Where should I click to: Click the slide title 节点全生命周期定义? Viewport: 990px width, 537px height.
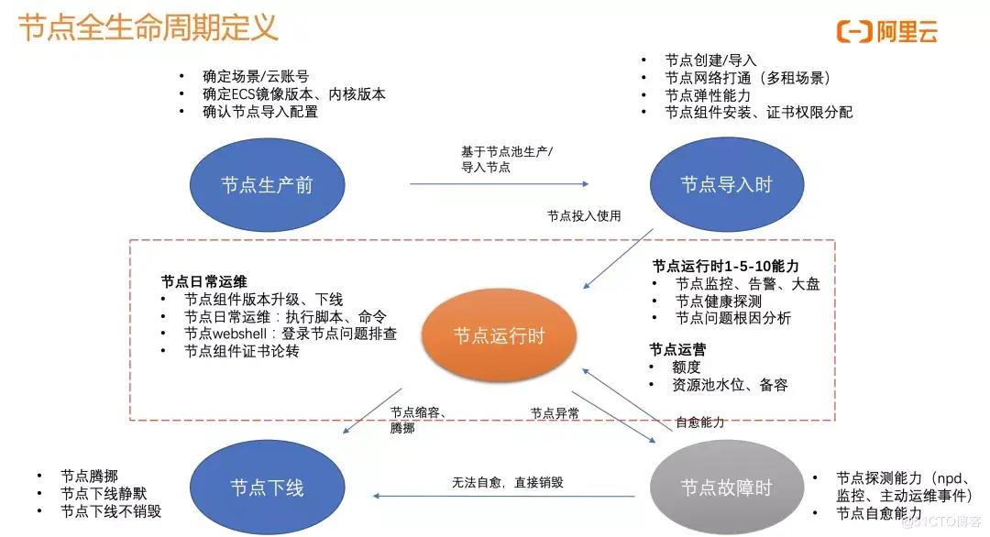[148, 27]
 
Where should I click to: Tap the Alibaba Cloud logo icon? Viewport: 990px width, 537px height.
[855, 32]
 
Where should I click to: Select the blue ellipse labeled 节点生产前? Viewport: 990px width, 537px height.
[267, 185]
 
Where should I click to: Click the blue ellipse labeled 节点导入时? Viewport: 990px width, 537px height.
[726, 185]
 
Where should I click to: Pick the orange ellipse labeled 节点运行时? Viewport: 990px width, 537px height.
[499, 336]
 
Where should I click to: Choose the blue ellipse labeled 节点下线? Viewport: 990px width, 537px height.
[267, 488]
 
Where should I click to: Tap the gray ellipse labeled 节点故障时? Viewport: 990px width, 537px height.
[726, 488]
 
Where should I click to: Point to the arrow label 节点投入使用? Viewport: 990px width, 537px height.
[584, 216]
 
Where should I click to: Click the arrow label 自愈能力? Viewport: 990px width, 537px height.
[700, 422]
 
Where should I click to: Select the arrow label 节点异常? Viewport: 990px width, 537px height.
[555, 413]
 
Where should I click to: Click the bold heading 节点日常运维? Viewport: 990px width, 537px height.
[203, 281]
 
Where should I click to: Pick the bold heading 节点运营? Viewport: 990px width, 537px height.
[678, 349]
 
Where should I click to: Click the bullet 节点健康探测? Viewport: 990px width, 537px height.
[719, 301]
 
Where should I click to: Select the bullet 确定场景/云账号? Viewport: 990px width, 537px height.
[256, 76]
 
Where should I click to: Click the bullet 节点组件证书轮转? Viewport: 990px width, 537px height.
[241, 351]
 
